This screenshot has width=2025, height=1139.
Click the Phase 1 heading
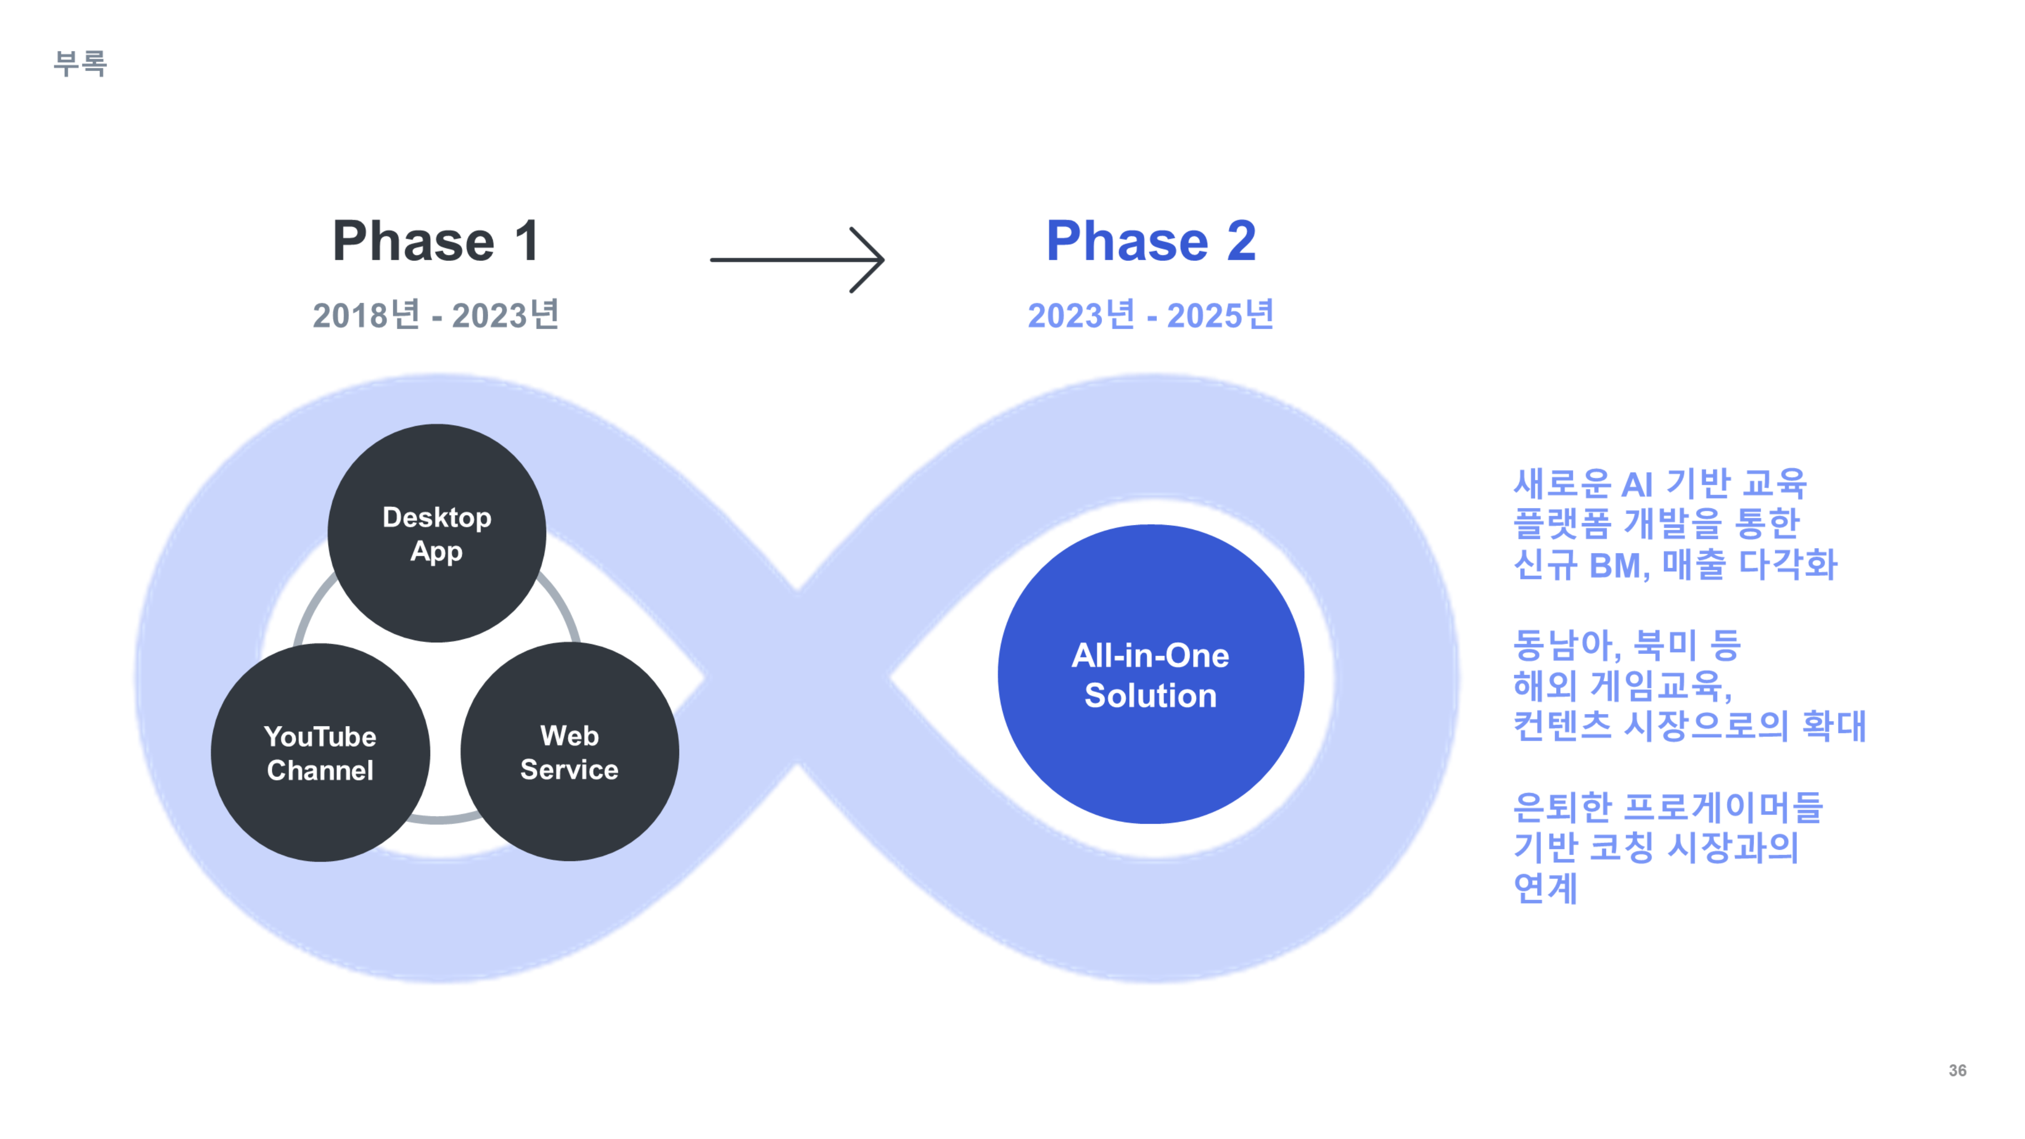[x=436, y=241]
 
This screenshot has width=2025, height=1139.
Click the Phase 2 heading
[x=1151, y=241]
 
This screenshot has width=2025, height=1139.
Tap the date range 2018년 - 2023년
[x=436, y=314]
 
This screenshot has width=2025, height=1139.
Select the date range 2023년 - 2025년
[x=1150, y=314]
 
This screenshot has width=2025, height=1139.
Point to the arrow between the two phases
[x=797, y=260]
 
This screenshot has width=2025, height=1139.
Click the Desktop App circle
[x=437, y=533]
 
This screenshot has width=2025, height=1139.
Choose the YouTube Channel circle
[x=321, y=752]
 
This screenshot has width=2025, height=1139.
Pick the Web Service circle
[x=570, y=752]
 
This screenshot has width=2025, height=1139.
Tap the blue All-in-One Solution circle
[x=1151, y=674]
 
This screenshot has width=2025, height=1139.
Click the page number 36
[x=1957, y=1071]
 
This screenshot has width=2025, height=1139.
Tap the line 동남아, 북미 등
[x=1627, y=645]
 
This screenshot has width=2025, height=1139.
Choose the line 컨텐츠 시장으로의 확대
[x=1689, y=725]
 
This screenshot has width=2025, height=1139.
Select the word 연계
[x=1545, y=888]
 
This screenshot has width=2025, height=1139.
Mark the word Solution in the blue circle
[x=1151, y=695]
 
